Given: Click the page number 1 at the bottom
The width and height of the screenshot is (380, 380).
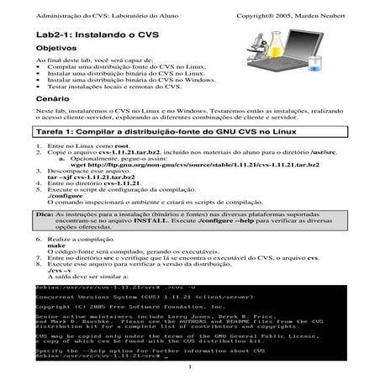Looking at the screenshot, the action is pyautogui.click(x=191, y=367).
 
